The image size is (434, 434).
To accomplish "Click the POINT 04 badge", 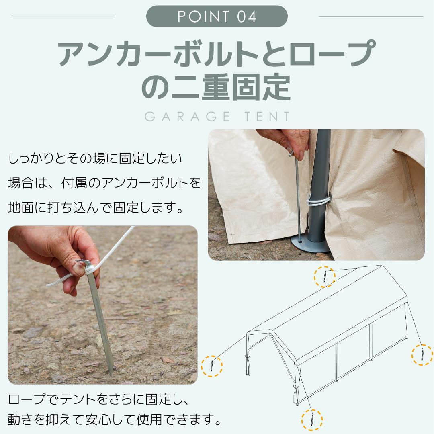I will click(217, 16).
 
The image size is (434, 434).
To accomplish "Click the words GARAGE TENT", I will click(217, 117).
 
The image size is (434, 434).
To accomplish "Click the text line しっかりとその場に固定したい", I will click(95, 158).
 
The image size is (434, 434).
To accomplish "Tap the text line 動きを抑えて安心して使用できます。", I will click(115, 420).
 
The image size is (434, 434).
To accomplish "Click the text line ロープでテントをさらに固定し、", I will click(99, 399).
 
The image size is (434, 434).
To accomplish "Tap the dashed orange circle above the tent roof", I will click(324, 276).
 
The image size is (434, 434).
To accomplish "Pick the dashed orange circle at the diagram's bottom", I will click(312, 420).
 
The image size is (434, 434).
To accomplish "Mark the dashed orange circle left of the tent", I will click(212, 365).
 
